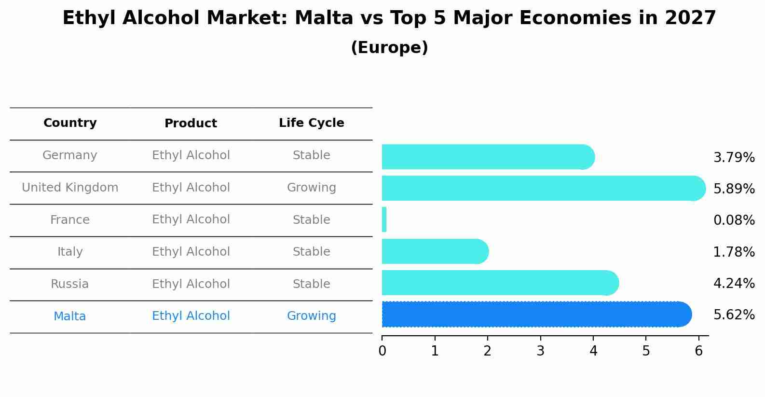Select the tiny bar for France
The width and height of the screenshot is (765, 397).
coord(384,220)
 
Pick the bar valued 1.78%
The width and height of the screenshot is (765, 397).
coord(434,251)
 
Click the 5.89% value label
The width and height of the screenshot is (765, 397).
coord(734,189)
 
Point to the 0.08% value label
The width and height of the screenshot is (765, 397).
coord(734,220)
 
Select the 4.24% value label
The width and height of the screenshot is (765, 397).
coord(734,283)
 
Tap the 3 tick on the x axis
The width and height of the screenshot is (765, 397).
coord(540,351)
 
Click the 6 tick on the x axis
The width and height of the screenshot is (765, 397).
coord(698,351)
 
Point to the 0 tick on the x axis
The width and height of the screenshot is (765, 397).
coord(382,351)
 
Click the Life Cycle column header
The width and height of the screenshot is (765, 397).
coord(311,123)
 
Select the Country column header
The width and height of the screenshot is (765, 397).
coord(70,123)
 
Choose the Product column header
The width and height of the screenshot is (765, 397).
coord(191,123)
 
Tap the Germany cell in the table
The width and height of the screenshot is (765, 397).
coord(70,155)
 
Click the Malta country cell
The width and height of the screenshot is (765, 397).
coord(70,316)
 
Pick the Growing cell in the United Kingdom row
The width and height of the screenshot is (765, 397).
coord(311,188)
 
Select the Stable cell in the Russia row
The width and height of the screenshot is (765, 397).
coord(311,284)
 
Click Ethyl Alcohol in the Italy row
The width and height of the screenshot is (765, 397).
coord(191,252)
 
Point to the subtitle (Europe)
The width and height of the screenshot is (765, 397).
coord(389,48)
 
